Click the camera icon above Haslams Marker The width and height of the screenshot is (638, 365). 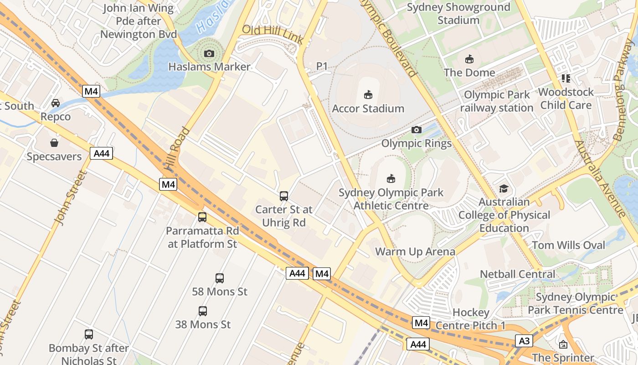click(209, 54)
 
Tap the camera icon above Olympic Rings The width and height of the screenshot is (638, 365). click(416, 130)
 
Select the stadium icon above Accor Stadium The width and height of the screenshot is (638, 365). click(368, 95)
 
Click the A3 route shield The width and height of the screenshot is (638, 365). click(524, 340)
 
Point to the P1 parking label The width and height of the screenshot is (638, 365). click(322, 67)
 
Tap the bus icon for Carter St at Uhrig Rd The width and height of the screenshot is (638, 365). click(284, 196)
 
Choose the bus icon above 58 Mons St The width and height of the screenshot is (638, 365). click(220, 278)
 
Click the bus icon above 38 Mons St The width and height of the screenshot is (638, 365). click(203, 311)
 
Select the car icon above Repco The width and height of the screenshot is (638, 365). click(56, 103)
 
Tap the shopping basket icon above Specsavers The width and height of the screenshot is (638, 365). click(54, 143)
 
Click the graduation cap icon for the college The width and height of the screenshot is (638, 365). click(504, 188)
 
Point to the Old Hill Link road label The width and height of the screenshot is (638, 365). click(273, 35)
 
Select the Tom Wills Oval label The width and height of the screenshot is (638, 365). click(569, 245)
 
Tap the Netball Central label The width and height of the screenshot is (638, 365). click(518, 274)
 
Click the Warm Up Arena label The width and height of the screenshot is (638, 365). click(415, 252)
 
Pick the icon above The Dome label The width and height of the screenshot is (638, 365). click(469, 59)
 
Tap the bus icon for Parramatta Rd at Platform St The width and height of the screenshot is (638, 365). click(202, 217)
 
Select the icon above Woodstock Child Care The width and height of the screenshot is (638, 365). click(566, 78)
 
